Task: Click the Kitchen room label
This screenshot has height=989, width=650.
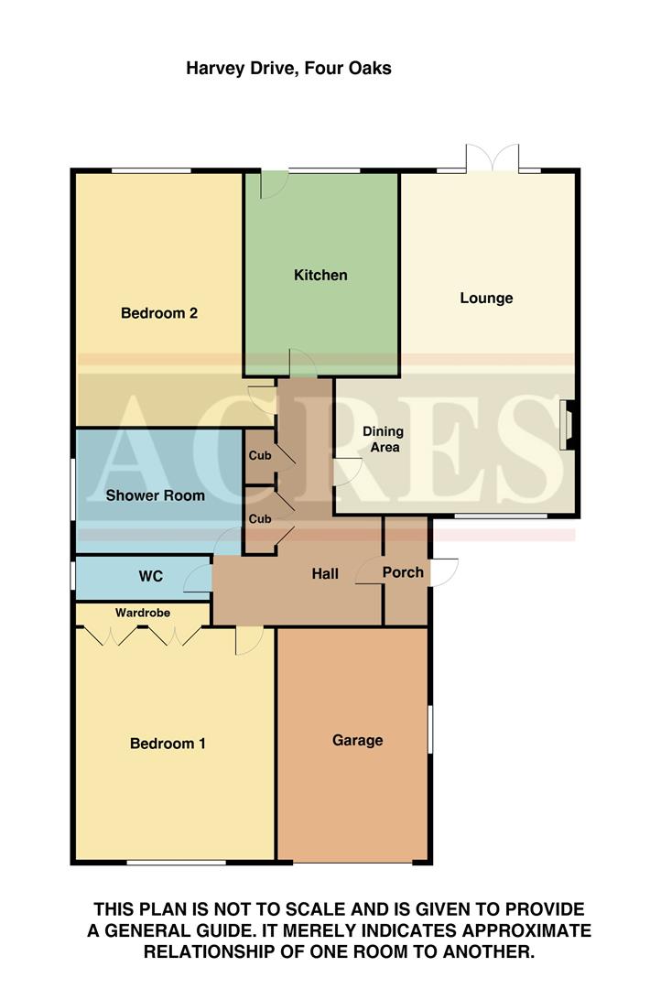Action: pos(320,275)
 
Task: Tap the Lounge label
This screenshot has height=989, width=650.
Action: pos(486,298)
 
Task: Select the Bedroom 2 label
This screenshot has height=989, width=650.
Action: pos(159,313)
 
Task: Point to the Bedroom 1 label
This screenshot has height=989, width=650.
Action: pos(168,744)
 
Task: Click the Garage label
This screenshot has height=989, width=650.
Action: pos(357,740)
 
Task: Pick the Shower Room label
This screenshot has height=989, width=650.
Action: pos(156,495)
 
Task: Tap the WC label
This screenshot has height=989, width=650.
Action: pos(150,576)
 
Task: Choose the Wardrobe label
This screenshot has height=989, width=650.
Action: pos(142,612)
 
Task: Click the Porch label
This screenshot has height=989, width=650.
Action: pos(403,572)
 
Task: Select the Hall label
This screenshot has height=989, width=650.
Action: pos(325,574)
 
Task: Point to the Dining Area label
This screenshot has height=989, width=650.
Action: pos(383,439)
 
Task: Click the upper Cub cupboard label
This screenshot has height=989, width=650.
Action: pos(260,454)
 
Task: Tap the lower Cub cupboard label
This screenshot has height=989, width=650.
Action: pos(260,518)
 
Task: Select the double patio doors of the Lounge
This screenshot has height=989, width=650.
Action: pos(492,158)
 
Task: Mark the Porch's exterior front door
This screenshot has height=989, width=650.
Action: pos(443,572)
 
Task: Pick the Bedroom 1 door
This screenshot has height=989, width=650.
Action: pos(247,640)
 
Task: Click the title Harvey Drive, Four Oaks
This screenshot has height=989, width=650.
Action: pos(288,68)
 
